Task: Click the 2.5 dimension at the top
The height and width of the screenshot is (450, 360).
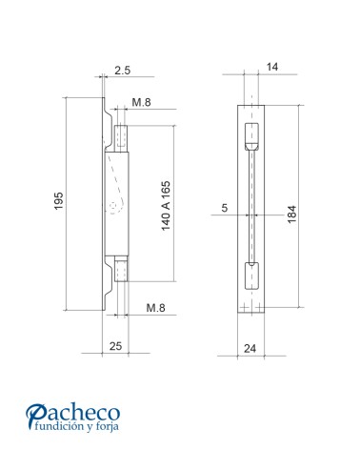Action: click(x=122, y=71)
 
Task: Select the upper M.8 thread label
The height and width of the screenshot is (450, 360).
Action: click(x=142, y=102)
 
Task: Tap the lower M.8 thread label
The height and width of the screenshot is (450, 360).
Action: click(x=157, y=308)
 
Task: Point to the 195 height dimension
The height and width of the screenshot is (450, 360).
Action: click(x=58, y=202)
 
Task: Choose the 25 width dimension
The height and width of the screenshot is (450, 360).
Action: click(x=113, y=344)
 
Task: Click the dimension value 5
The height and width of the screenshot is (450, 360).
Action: click(x=225, y=207)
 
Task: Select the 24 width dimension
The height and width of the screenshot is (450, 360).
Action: click(x=250, y=348)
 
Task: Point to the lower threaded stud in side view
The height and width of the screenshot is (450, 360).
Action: click(x=121, y=271)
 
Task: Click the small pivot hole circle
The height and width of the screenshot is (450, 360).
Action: click(x=113, y=205)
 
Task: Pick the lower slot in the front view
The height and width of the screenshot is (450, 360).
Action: click(x=251, y=274)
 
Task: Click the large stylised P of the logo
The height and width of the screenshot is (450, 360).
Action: click(x=37, y=416)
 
